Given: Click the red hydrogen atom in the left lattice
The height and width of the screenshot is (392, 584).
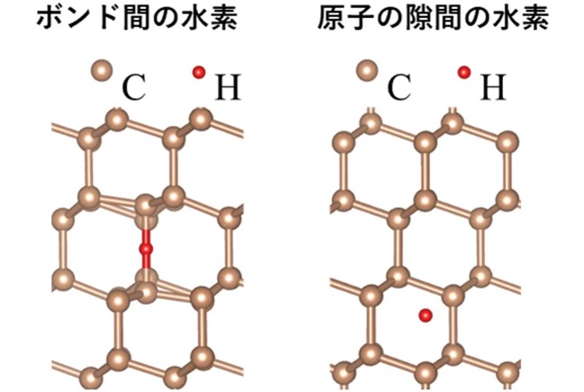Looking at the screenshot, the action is (x=146, y=248).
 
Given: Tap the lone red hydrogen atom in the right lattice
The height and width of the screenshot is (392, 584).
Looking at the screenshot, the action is (x=426, y=316).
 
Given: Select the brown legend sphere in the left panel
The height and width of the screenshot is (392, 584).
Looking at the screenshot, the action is (x=103, y=71).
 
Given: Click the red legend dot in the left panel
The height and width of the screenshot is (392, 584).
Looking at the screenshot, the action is (x=199, y=72).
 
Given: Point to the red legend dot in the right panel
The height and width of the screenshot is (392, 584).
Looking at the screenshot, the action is (x=464, y=72).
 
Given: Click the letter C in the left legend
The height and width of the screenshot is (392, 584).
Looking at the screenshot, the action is (x=133, y=87).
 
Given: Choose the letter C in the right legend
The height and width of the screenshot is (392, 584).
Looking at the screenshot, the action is (x=399, y=87).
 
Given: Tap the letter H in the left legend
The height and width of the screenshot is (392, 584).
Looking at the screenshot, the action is (x=228, y=87).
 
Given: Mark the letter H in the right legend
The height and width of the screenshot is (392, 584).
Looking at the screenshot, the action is (x=493, y=87).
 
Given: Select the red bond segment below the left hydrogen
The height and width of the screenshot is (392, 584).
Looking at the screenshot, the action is (x=146, y=261).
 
